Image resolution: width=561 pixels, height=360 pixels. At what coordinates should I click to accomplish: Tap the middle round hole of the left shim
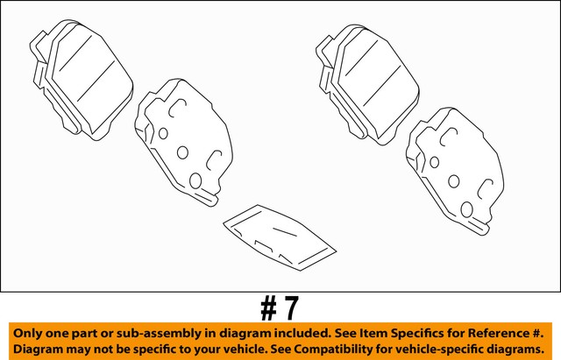point(182,152)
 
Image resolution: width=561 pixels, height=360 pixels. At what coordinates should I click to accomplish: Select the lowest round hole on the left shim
point(196,182)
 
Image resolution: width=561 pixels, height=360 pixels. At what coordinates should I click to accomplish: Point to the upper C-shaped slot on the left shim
point(178,109)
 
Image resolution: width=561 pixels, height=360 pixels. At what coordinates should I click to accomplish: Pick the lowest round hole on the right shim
point(467,210)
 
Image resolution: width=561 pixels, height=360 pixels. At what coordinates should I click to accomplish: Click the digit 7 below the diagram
point(291,307)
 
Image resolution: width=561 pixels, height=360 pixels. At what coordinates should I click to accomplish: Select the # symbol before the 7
point(269,307)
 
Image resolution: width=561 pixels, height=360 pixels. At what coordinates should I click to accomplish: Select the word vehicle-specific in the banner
point(472,349)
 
